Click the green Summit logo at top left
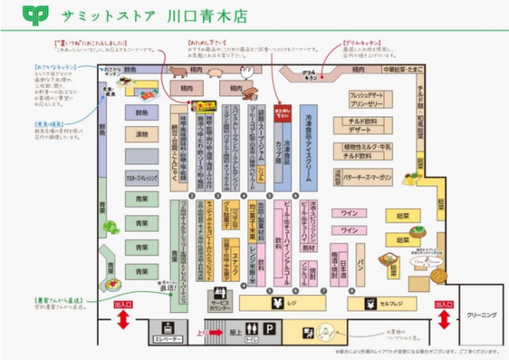pyautogui.click(x=35, y=16)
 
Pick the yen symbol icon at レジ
pyautogui.click(x=276, y=303)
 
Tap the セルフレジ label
pyautogui.click(x=389, y=303)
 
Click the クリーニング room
pyautogui.click(x=480, y=314)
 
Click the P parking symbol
pyautogui.click(x=269, y=329)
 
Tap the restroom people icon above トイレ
pyautogui.click(x=251, y=328)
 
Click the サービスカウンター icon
pyautogui.click(x=220, y=297)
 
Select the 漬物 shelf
pyautogui.click(x=142, y=135)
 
